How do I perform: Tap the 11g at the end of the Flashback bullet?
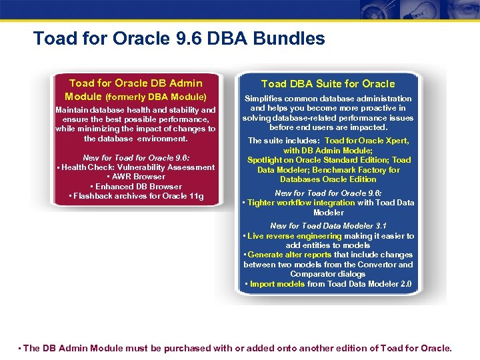pyautogui.click(x=196, y=196)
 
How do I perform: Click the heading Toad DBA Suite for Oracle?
pyautogui.click(x=328, y=84)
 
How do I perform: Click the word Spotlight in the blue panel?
pyautogui.click(x=265, y=160)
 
